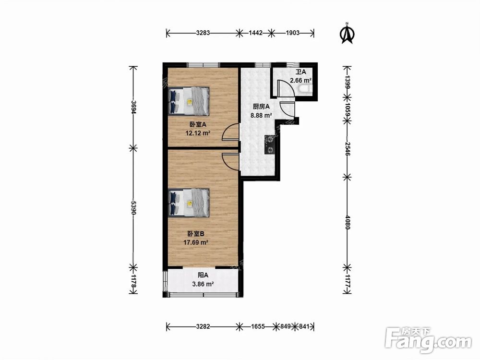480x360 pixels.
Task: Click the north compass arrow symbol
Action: click(347, 34)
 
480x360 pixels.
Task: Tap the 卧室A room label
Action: click(198, 125)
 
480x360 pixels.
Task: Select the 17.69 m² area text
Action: click(196, 242)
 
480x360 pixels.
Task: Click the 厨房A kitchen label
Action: click(261, 107)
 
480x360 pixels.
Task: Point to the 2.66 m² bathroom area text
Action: click(300, 81)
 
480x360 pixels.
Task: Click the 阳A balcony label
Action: click(203, 275)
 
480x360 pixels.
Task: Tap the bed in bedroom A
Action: click(189, 101)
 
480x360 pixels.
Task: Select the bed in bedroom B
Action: click(189, 203)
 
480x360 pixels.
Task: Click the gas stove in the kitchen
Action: click(269, 144)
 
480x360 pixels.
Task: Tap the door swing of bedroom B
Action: click(230, 162)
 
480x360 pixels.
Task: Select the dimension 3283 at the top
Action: click(203, 33)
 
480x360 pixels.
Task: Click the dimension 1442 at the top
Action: click(256, 33)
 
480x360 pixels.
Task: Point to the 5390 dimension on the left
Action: click(133, 207)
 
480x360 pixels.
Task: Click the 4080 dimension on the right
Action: click(348, 222)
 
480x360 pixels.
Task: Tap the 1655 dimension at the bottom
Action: click(258, 326)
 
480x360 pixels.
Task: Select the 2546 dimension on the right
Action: click(348, 149)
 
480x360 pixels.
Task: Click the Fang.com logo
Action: click(428, 339)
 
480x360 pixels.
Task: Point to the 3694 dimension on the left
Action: click(133, 107)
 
